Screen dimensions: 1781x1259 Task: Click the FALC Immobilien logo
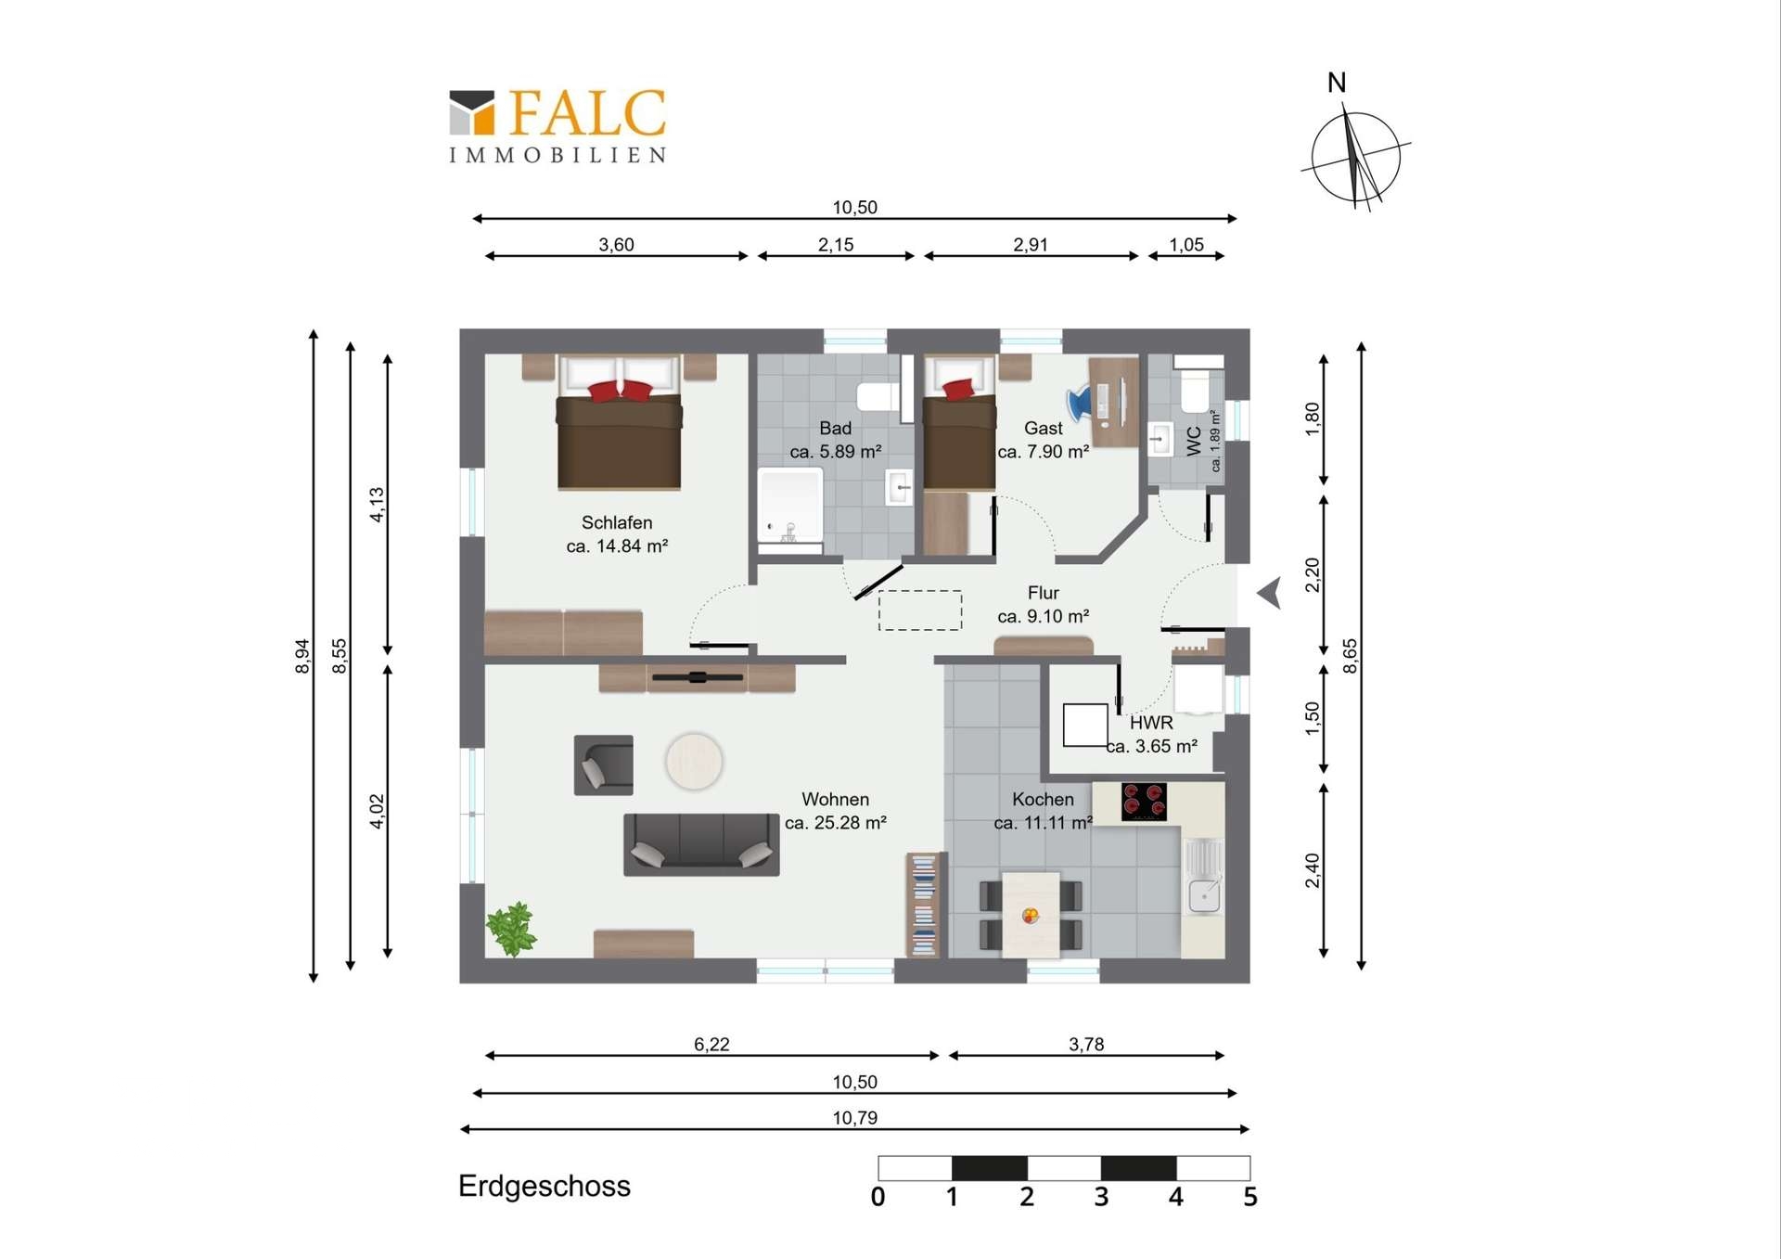click(x=557, y=126)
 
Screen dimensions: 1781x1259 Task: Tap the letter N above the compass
click(x=1337, y=83)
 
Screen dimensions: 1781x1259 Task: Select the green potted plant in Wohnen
click(x=511, y=928)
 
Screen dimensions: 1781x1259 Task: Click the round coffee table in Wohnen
click(x=694, y=762)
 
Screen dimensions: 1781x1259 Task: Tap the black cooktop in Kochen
click(x=1144, y=802)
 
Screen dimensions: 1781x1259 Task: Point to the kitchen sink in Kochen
click(x=1204, y=877)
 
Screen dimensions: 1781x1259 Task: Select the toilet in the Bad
click(x=878, y=396)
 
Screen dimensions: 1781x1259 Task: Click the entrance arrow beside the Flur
click(x=1271, y=593)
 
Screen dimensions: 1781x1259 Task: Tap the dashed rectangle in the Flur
click(x=920, y=610)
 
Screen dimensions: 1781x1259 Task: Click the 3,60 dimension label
click(x=616, y=245)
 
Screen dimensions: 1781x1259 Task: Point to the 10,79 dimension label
click(x=854, y=1118)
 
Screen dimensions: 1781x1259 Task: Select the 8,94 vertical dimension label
click(x=302, y=656)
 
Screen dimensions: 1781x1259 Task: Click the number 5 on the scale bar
click(x=1250, y=1197)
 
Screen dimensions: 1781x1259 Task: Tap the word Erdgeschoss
click(x=545, y=1186)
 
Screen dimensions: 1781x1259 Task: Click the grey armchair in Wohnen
click(x=604, y=765)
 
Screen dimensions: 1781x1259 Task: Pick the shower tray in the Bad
click(x=790, y=506)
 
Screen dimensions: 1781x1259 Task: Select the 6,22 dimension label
click(x=711, y=1045)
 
